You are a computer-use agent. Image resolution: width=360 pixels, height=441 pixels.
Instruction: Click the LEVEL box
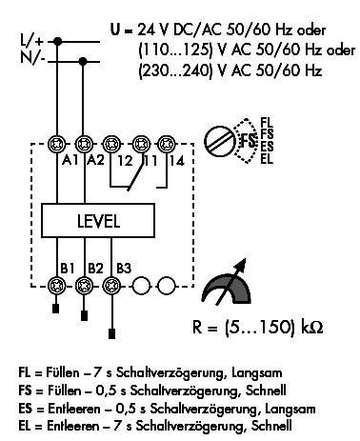(x=99, y=221)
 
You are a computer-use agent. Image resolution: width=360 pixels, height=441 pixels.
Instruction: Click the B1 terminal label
(x=66, y=269)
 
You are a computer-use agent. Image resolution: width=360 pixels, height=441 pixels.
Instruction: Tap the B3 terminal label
(x=120, y=269)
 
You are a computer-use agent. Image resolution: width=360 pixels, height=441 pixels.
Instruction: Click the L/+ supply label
(x=31, y=41)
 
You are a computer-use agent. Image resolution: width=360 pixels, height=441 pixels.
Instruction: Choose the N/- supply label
(x=31, y=59)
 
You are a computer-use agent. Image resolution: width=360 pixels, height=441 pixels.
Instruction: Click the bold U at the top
(x=116, y=30)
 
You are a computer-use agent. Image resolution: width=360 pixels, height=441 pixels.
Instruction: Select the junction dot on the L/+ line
(x=59, y=42)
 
